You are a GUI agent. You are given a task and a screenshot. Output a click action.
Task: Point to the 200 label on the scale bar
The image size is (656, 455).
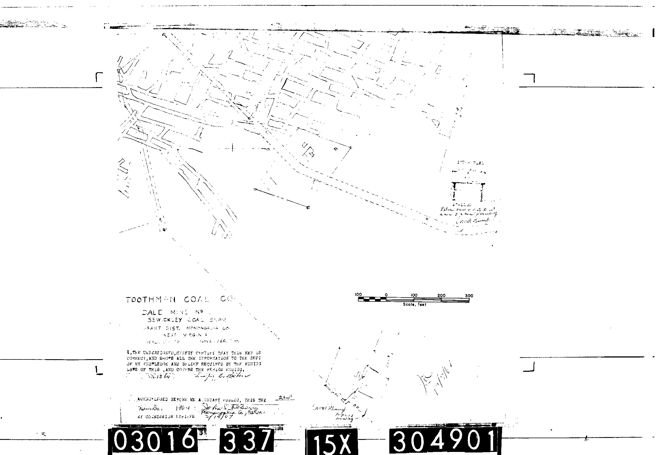coord(441,296)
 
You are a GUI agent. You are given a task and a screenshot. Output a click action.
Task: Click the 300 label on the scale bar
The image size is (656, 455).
coord(469,296)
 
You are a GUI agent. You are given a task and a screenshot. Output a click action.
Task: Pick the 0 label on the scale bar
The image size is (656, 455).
coord(386,295)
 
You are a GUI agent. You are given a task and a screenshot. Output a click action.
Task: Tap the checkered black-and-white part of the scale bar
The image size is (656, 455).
coord(372,299)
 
